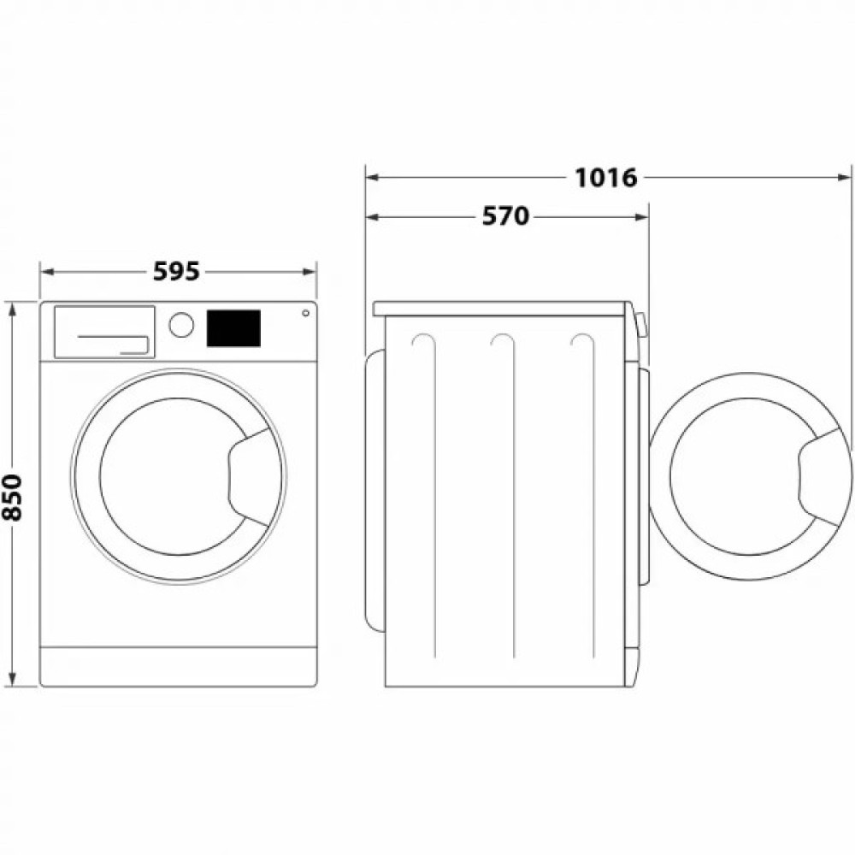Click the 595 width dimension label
(x=176, y=272)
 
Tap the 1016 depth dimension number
(x=605, y=178)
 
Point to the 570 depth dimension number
(x=505, y=217)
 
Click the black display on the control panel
(x=233, y=328)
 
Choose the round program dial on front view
(x=181, y=325)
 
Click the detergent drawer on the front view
(x=104, y=331)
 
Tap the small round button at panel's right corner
(x=305, y=313)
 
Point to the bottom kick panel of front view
(x=178, y=665)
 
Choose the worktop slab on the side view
(x=501, y=308)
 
